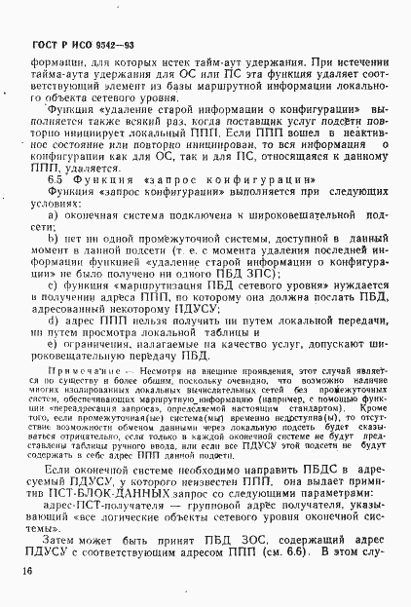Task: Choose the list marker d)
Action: (56, 319)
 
